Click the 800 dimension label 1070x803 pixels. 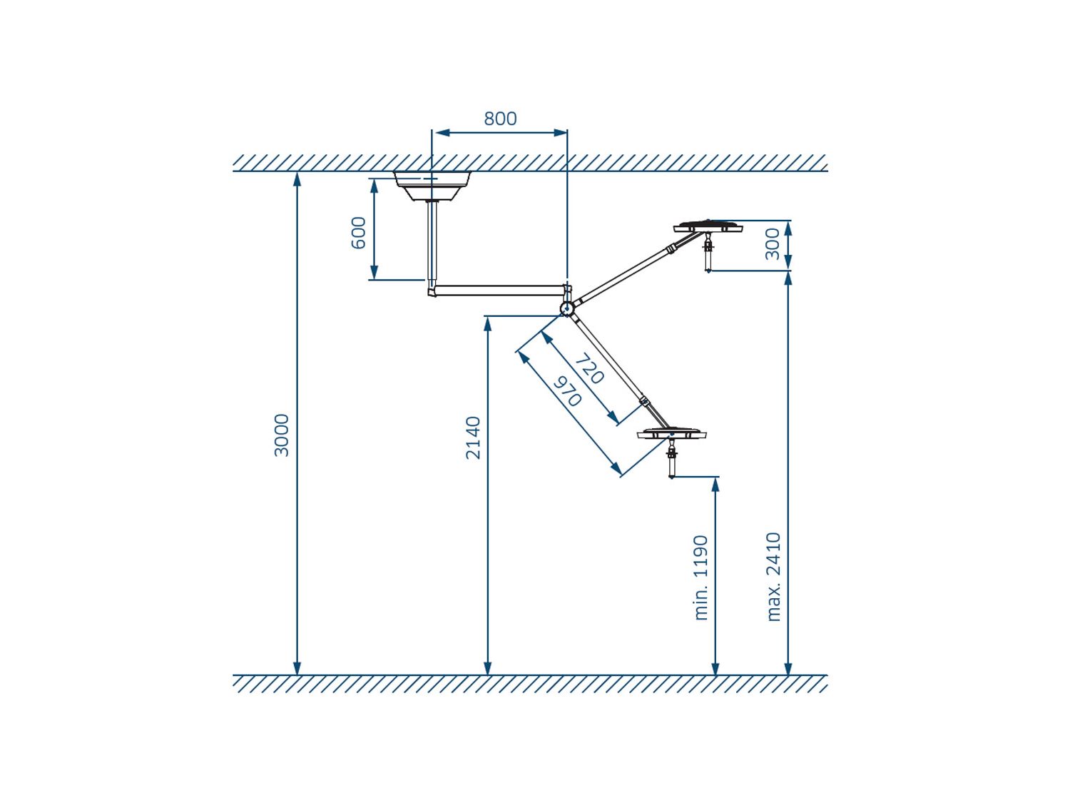499,118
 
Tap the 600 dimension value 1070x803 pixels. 358,233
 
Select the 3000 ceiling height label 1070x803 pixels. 282,435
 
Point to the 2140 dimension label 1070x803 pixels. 473,438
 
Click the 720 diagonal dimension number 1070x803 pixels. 589,369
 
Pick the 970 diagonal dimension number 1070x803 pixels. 567,391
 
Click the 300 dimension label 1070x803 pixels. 772,244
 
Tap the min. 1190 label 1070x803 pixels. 700,577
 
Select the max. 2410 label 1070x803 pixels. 774,577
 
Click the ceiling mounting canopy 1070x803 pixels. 432,186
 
